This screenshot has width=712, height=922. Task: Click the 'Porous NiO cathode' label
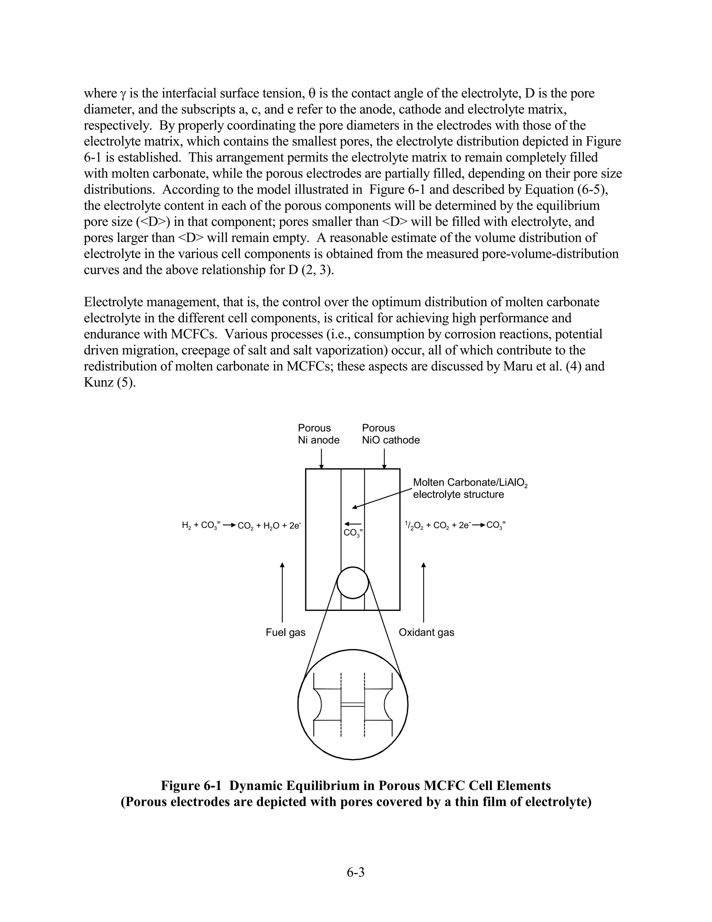390,434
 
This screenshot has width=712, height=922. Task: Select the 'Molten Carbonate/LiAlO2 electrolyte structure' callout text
469,488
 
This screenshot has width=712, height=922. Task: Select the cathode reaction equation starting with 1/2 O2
455,526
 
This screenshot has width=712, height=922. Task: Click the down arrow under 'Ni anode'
322,459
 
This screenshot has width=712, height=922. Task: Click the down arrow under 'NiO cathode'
384,459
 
